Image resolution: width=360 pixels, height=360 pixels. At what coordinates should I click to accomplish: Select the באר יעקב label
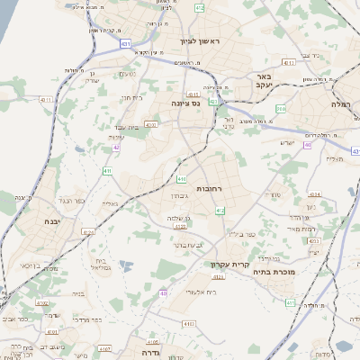[x=265, y=84]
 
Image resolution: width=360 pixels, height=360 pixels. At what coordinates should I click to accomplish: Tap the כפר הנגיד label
[x=69, y=200]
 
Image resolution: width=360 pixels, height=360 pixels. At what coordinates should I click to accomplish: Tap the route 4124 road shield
[x=87, y=231]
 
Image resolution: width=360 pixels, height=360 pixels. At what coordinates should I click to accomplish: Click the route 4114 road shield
[x=314, y=193]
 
